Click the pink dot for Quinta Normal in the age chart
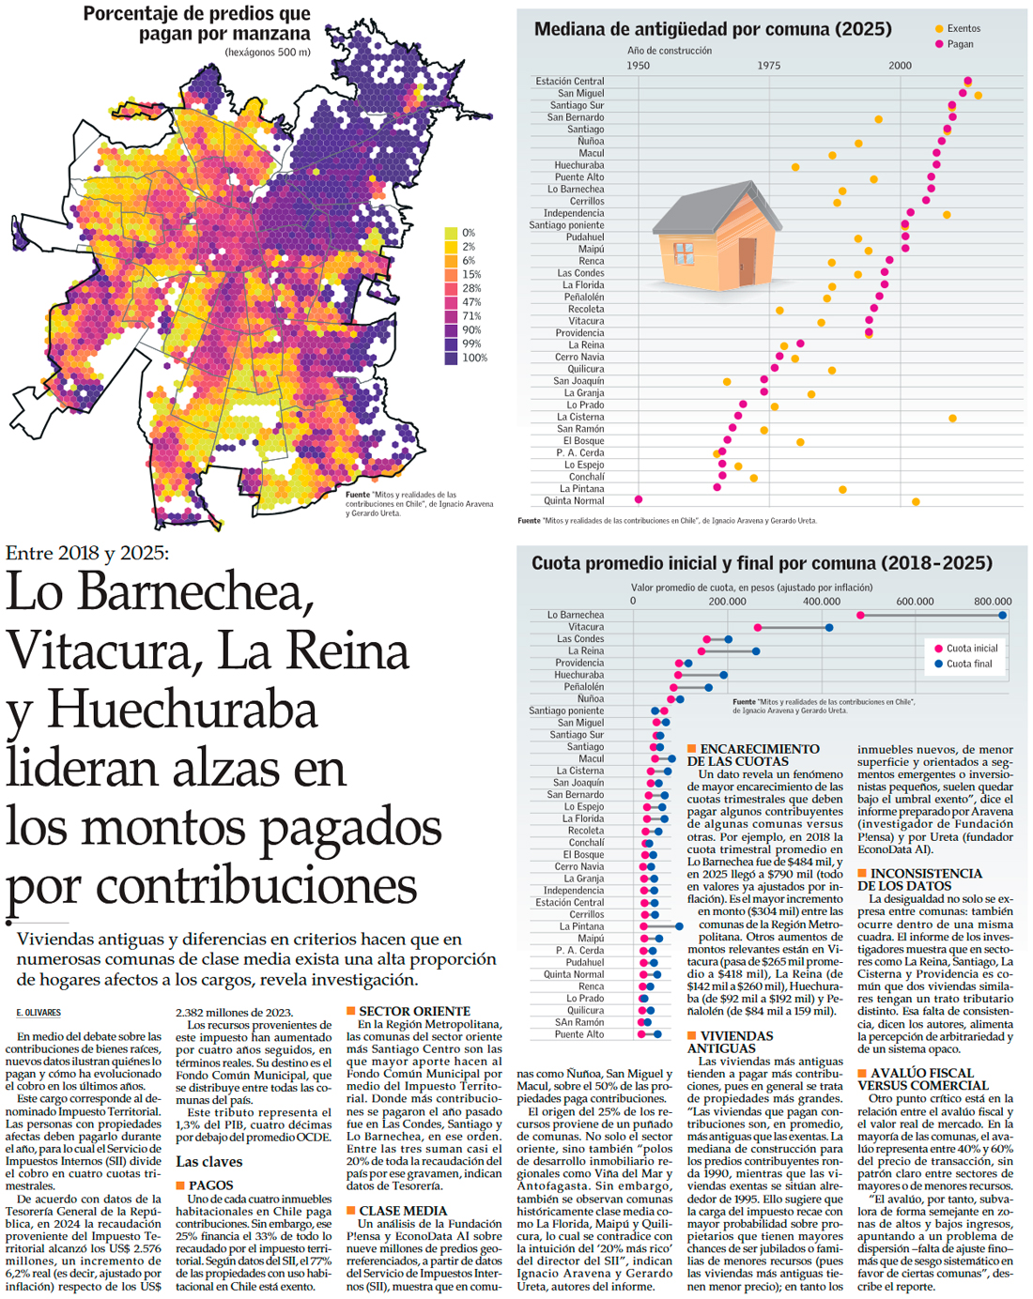click(639, 500)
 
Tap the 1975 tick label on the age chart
click(769, 66)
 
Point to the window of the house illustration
click(684, 252)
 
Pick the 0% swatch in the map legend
click(451, 233)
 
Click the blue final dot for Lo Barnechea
click(1003, 616)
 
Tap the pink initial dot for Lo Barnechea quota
click(860, 616)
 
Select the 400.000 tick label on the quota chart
click(822, 602)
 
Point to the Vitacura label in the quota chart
click(586, 627)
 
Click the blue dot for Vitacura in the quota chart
click(829, 628)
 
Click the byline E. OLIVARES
click(39, 1013)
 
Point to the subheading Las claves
click(209, 1161)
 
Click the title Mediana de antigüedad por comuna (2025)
click(713, 29)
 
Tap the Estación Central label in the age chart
click(570, 82)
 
